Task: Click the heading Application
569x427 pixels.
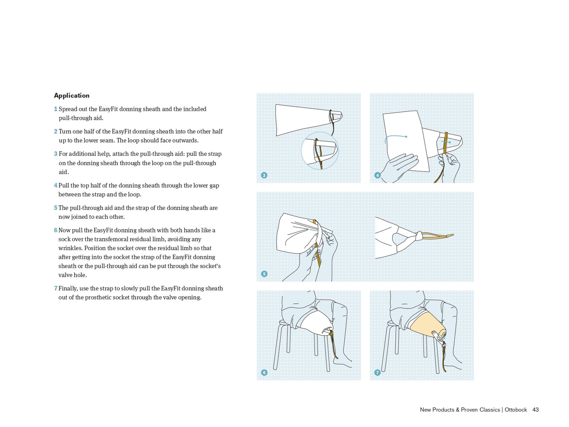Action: [71, 95]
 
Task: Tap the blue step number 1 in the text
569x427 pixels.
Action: [55, 109]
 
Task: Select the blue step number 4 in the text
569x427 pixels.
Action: [55, 185]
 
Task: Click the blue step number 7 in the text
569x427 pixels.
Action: [55, 288]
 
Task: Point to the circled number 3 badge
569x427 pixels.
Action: [264, 175]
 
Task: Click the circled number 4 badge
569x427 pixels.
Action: [377, 175]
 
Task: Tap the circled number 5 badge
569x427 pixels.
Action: [264, 274]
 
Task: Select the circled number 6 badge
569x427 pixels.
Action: [264, 372]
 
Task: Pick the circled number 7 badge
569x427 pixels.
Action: [377, 372]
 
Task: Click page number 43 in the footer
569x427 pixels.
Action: [535, 410]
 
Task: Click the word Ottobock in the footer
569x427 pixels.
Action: [515, 410]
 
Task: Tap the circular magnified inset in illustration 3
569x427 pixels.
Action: [319, 151]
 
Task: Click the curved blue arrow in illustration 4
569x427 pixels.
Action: [395, 137]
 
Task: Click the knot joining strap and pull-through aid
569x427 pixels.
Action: [419, 236]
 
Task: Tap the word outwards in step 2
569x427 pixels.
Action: [186, 140]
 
